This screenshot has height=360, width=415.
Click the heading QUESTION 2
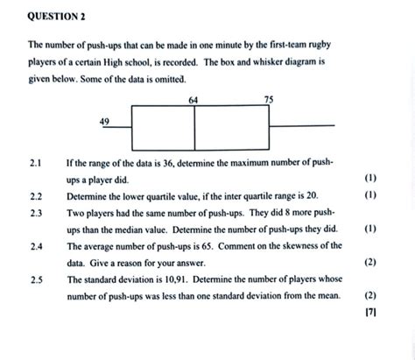pyautogui.click(x=56, y=17)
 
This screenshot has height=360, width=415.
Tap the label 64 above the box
pyautogui.click(x=193, y=100)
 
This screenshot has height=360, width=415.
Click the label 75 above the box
pyautogui.click(x=269, y=100)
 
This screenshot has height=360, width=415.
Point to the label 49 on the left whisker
pyautogui.click(x=104, y=121)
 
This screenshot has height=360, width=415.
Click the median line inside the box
pyautogui.click(x=194, y=128)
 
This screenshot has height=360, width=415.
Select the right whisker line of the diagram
pyautogui.click(x=302, y=126)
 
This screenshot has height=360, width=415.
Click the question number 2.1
pyautogui.click(x=36, y=163)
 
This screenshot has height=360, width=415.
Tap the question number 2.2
pyautogui.click(x=36, y=196)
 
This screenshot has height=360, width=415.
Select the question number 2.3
pyautogui.click(x=36, y=213)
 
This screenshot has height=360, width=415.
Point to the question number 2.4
pyautogui.click(x=37, y=247)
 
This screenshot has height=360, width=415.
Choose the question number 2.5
pyautogui.click(x=37, y=280)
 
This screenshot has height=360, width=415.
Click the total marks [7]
pyautogui.click(x=370, y=313)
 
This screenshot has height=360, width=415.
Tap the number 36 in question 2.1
pyautogui.click(x=168, y=163)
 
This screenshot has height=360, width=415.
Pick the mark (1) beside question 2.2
pyautogui.click(x=370, y=194)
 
